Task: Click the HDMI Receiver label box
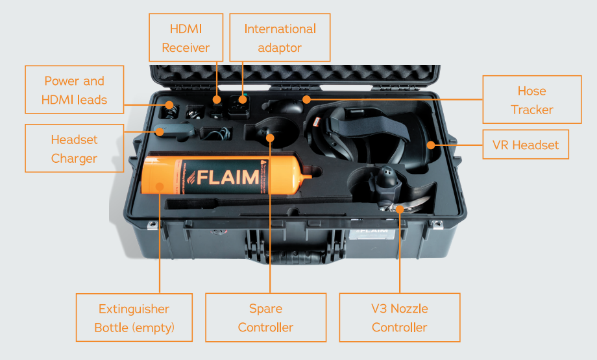(x=186, y=38)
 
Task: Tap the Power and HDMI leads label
(x=74, y=90)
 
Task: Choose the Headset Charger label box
(x=74, y=149)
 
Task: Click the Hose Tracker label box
(x=531, y=100)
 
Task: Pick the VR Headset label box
(x=526, y=145)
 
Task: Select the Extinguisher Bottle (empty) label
(x=134, y=318)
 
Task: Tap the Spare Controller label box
(x=265, y=318)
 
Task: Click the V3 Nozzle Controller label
(x=399, y=318)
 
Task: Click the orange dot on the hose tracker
(x=306, y=99)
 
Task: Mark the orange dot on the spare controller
(x=270, y=136)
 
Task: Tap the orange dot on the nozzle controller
(x=400, y=208)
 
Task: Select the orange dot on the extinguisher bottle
(x=159, y=188)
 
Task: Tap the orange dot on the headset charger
(x=158, y=132)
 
